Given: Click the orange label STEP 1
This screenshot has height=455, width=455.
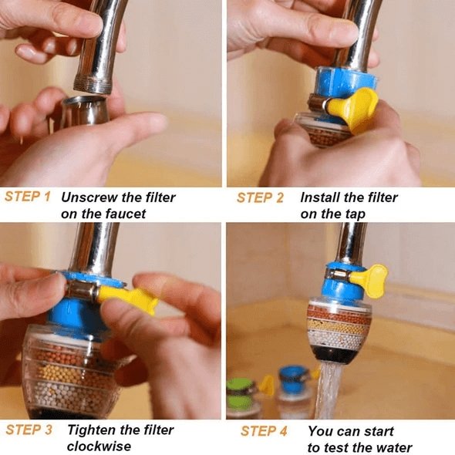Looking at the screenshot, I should point(28,197).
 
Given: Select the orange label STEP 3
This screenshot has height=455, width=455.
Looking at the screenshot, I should point(29,430).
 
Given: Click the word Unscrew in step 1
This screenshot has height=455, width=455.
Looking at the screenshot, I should point(87,197).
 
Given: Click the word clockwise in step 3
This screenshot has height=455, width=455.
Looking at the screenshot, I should point(99,447).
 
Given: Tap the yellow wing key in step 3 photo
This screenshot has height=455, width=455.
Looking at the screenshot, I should point(128,297).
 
